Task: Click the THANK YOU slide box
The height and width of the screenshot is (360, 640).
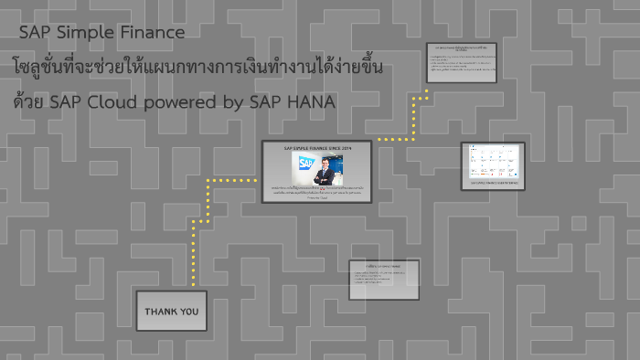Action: (171, 311)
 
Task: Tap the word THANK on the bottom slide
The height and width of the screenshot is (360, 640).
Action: (160, 312)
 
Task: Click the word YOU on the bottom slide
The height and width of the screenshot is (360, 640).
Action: (188, 312)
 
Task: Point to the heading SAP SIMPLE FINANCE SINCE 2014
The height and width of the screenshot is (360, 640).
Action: (316, 147)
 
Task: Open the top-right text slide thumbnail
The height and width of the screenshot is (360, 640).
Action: (461, 63)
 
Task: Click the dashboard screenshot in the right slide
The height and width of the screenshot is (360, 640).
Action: (492, 161)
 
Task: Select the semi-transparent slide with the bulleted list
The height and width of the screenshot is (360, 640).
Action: (384, 279)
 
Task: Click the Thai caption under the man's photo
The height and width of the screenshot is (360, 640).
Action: (316, 193)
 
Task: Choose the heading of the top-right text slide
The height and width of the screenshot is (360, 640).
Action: (461, 48)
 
